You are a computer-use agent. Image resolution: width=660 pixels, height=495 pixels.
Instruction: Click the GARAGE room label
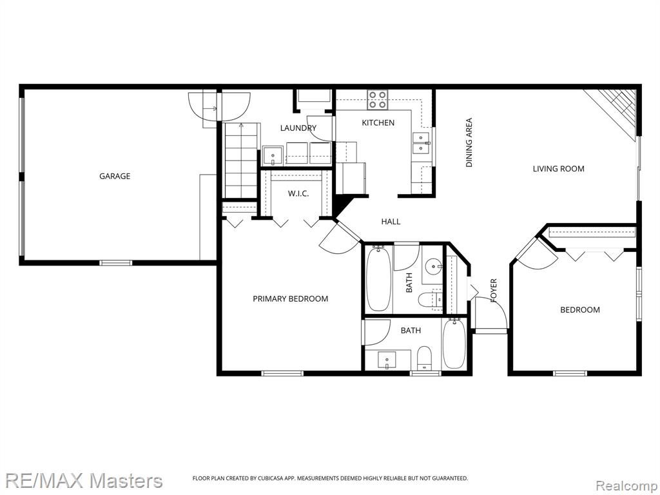click(115, 176)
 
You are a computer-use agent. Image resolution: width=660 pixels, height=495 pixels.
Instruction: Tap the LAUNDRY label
click(298, 128)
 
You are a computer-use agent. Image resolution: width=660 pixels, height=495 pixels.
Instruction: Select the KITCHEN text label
click(378, 122)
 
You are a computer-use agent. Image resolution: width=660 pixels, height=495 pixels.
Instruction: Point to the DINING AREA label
click(469, 142)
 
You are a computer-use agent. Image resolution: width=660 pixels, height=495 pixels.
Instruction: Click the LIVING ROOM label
click(559, 169)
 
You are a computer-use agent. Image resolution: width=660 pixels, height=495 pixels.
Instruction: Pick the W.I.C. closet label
click(298, 193)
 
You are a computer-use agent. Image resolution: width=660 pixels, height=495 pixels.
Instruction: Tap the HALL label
click(391, 222)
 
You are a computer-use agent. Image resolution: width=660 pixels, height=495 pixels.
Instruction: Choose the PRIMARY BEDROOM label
click(291, 299)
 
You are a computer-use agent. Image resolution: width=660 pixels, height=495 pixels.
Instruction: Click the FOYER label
click(494, 291)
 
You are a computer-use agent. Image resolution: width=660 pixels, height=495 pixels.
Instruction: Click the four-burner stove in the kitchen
click(377, 100)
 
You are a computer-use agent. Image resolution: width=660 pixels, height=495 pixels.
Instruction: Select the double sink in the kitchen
click(421, 143)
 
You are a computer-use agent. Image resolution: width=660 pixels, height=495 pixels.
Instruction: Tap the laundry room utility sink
click(273, 156)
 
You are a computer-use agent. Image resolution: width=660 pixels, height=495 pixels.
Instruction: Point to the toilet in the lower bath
click(424, 357)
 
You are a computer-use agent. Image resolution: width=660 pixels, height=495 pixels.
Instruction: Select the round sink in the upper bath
click(433, 266)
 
